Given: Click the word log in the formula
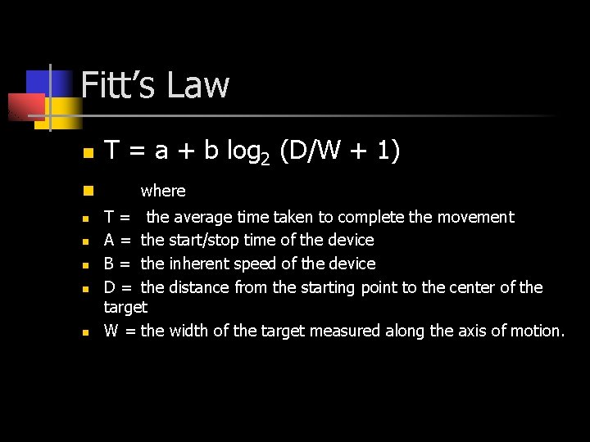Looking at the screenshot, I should tap(243, 151).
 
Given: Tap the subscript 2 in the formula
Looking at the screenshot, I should tap(265, 159).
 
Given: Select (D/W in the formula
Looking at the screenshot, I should tap(308, 151).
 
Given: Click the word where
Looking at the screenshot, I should tap(163, 191).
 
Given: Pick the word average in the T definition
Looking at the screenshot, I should tap(202, 217).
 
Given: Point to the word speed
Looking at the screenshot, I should tap(255, 264).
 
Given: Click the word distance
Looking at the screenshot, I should tap(200, 287).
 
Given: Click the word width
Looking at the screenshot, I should tap(189, 331).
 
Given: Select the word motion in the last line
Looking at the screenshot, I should tap(536, 331).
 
